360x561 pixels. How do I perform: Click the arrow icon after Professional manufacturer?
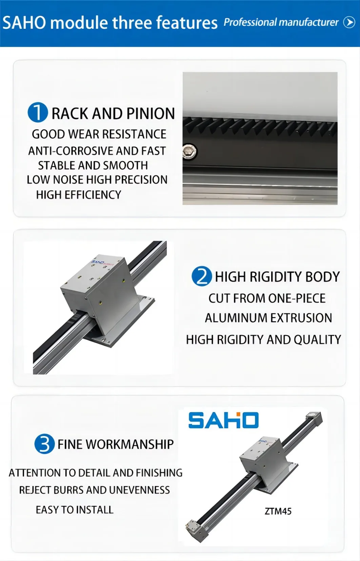click(349, 22)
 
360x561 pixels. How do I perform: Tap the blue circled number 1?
click(38, 112)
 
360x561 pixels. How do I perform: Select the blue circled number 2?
click(202, 276)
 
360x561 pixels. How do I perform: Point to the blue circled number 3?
click(44, 444)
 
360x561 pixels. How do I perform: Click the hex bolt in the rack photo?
click(189, 151)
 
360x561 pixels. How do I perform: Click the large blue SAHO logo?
click(223, 420)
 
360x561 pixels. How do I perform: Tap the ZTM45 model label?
click(278, 511)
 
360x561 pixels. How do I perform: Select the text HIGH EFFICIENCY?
click(79, 195)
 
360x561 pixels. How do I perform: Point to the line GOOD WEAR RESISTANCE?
click(99, 134)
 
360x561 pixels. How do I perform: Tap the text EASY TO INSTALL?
click(75, 510)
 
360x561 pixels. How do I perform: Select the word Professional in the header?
click(250, 22)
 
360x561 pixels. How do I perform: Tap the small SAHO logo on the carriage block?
click(99, 262)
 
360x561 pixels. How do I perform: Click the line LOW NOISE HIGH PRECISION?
click(97, 180)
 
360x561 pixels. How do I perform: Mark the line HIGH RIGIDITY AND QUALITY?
click(263, 339)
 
